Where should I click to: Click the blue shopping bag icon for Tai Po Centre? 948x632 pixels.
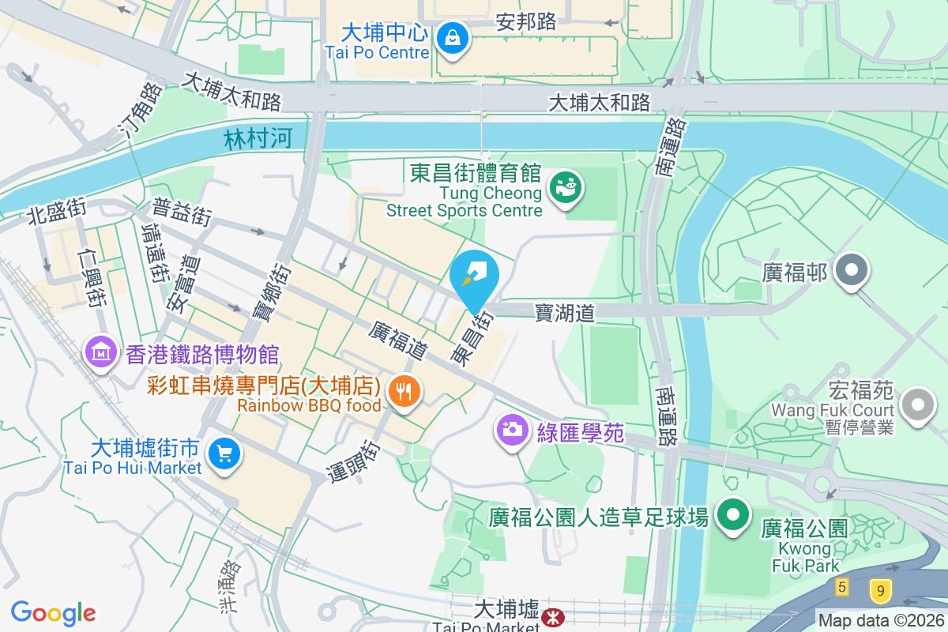453,37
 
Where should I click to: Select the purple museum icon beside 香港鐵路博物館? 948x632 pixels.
100,352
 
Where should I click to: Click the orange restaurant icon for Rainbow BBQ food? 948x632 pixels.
404,390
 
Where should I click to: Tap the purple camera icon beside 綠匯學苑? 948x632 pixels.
512,430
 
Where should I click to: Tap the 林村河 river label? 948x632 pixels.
258,140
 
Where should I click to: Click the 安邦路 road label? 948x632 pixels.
526,21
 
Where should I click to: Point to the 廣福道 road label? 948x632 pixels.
397,341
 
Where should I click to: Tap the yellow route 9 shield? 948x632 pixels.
879,590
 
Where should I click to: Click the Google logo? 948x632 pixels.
54,612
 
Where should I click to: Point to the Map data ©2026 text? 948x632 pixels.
880,621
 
